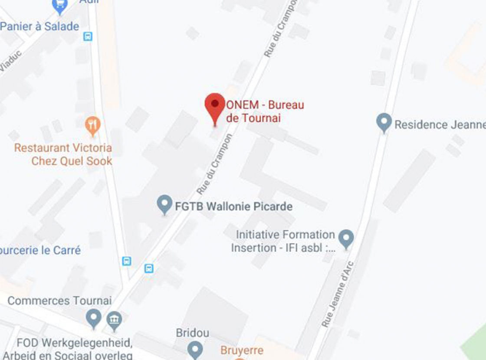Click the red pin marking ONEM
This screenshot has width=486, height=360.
tap(215, 105)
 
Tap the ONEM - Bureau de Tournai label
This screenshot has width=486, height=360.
tap(265, 111)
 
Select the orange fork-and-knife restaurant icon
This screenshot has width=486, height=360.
tap(92, 125)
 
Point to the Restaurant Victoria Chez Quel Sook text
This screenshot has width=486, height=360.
tap(63, 154)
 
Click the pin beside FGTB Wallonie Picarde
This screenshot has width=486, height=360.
tap(164, 204)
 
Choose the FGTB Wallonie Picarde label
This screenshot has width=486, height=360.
tap(233, 206)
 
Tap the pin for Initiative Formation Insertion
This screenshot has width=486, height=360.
tap(346, 238)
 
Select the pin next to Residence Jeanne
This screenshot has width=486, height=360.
tap(384, 122)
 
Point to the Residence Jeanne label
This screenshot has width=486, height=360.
tap(440, 125)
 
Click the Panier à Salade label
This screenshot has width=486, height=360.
tap(39, 26)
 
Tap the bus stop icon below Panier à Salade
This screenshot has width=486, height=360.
tap(88, 36)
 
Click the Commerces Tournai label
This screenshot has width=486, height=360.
tap(59, 301)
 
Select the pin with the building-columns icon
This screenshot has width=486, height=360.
tap(114, 320)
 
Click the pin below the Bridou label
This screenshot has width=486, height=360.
tap(195, 348)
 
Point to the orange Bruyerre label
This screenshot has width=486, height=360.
tap(242, 350)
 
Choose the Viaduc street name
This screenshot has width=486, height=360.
tap(10, 61)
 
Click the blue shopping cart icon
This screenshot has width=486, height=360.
tap(60, 5)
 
